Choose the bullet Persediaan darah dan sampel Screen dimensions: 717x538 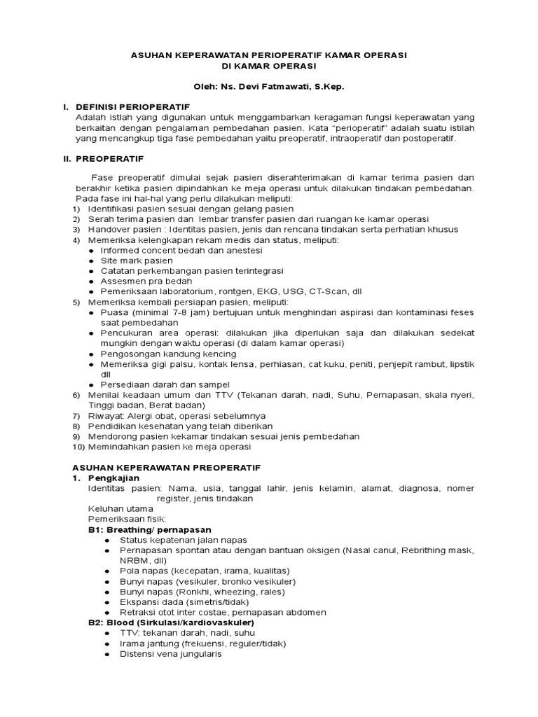(165, 384)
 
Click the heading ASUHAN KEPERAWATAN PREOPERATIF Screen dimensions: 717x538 (167, 467)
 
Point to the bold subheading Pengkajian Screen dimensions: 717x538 (115, 478)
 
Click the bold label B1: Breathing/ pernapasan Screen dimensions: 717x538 (149, 529)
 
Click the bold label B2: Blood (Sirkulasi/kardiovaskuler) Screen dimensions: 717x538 (170, 622)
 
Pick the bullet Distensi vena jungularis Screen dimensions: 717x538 (171, 653)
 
